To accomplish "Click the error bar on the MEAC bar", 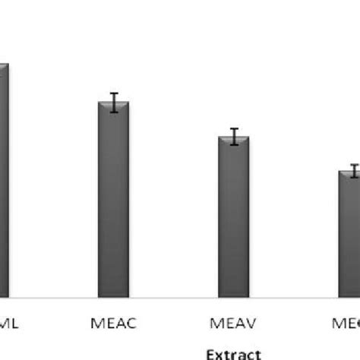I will click(x=114, y=103).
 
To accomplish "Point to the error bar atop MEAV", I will click(x=234, y=137).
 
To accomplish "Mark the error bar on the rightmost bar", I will click(x=352, y=171).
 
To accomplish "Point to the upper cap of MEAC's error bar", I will click(x=114, y=93).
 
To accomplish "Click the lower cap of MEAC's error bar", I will click(x=114, y=112).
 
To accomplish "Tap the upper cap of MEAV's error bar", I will click(x=234, y=129).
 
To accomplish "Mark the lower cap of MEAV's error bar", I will click(x=234, y=144).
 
